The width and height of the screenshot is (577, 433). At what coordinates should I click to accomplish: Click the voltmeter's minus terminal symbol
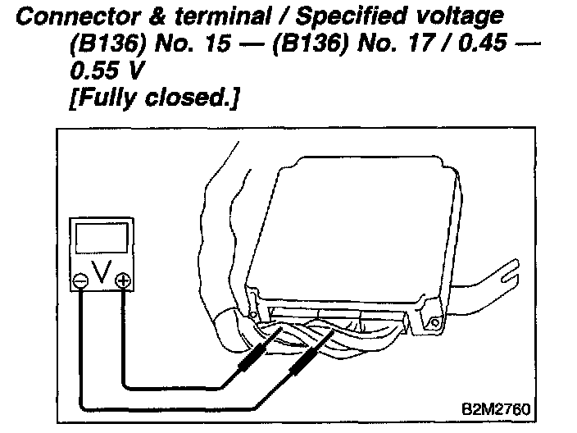point(81,280)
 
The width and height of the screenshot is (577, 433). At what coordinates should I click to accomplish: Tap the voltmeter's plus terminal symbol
point(123,280)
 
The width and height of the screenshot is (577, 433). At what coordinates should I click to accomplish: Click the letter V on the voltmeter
point(102,274)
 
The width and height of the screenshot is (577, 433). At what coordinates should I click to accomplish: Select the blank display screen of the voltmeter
point(102,238)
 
